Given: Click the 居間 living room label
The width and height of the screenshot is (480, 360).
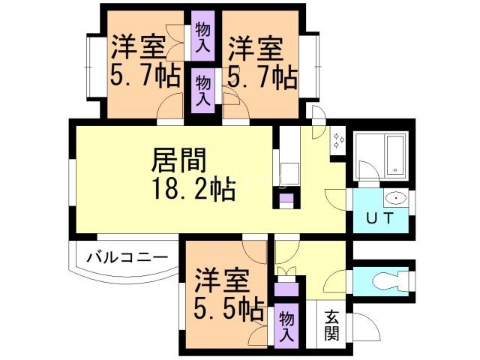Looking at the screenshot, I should point(178,160).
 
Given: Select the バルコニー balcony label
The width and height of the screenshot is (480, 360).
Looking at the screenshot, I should point(127,256).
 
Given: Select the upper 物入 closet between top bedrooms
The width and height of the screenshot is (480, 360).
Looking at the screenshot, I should point(202,36).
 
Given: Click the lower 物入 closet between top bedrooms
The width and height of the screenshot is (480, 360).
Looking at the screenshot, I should point(202,90).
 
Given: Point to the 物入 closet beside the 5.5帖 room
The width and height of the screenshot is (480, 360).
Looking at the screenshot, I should point(286,326).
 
